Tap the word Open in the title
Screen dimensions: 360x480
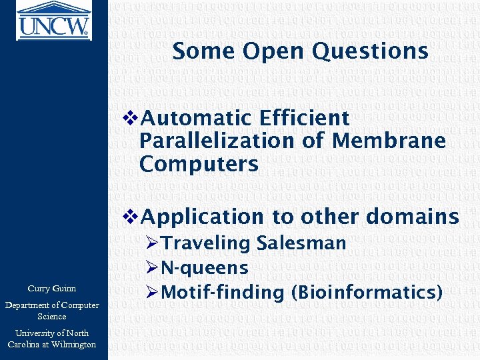coord(266,51)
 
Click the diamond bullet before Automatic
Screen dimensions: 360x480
coord(131,119)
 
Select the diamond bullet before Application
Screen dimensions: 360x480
coord(131,217)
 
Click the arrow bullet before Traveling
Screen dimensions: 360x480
coord(151,244)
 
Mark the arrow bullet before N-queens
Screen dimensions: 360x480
coord(151,269)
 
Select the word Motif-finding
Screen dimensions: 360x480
coord(213,292)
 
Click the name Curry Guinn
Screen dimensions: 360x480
coord(52,289)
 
